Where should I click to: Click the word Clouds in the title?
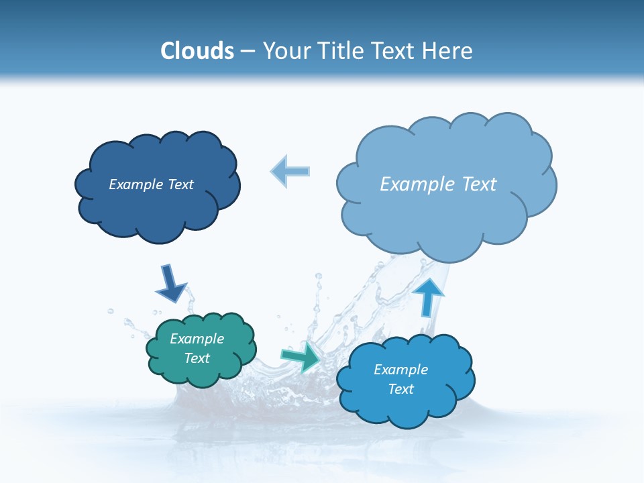click(197, 51)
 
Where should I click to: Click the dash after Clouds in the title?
click(248, 52)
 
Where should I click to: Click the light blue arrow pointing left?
click(290, 171)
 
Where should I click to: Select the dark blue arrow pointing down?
click(170, 283)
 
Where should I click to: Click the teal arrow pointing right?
click(301, 358)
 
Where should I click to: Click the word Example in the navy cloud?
click(135, 184)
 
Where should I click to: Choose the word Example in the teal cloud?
click(197, 339)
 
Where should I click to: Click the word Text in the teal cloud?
click(197, 358)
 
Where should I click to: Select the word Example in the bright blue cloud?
click(400, 370)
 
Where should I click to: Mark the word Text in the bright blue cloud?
click(400, 389)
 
